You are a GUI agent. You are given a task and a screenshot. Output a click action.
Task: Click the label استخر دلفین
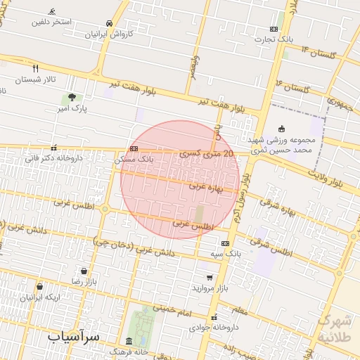click(51, 22)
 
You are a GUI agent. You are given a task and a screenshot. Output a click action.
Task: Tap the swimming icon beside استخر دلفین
click(52, 12)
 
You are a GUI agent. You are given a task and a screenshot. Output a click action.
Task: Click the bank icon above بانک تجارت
click(274, 29)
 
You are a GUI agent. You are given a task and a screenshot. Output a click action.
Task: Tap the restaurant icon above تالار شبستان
click(35, 69)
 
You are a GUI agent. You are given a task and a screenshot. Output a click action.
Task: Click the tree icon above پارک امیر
click(73, 98)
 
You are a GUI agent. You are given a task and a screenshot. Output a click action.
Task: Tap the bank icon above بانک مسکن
click(134, 148)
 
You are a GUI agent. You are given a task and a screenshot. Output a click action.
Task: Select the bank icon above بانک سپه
click(225, 243)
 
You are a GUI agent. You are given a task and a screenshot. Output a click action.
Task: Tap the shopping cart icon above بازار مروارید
click(210, 278)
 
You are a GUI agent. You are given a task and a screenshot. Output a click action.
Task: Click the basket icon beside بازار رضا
click(84, 271)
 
